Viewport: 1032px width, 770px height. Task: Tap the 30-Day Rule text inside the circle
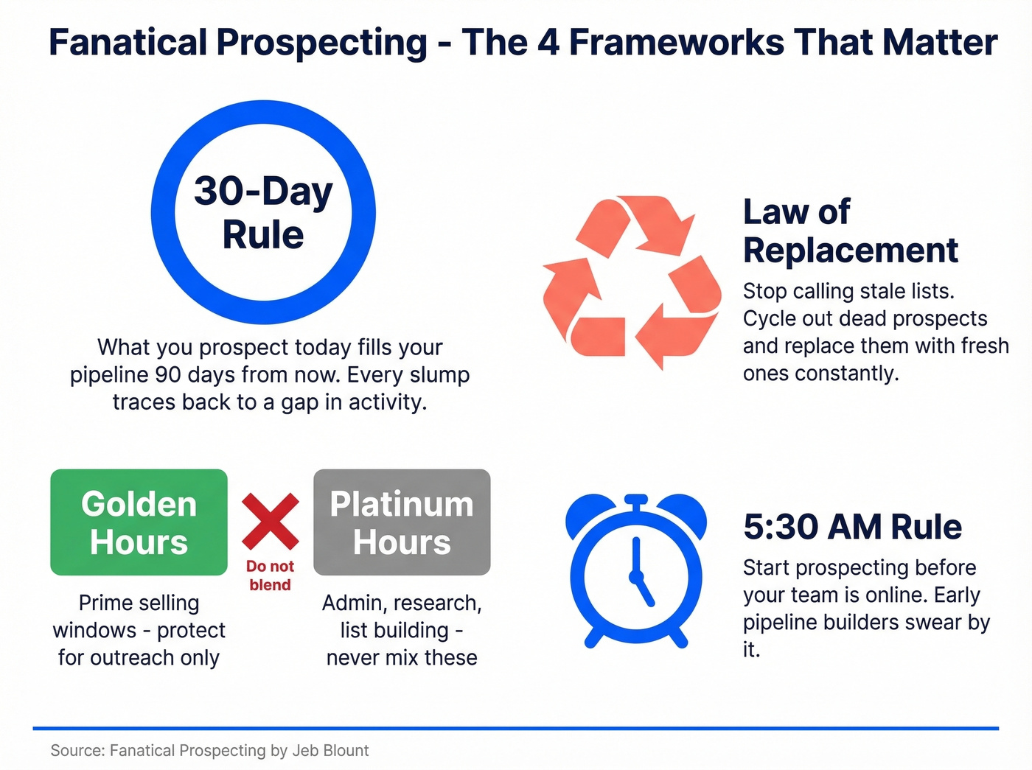click(263, 212)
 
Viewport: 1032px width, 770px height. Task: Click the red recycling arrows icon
click(632, 281)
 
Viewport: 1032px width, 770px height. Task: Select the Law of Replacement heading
click(850, 231)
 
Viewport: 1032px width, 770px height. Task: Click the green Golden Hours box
click(139, 522)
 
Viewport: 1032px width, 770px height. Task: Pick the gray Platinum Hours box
click(402, 522)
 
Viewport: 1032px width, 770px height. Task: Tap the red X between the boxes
click(271, 522)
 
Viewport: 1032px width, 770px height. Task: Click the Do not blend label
click(270, 575)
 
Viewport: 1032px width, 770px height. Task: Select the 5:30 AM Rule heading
click(852, 528)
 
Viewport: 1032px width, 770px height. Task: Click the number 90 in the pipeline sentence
click(167, 375)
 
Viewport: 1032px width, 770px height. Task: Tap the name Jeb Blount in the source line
click(330, 750)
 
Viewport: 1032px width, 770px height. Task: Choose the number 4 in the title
click(548, 43)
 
